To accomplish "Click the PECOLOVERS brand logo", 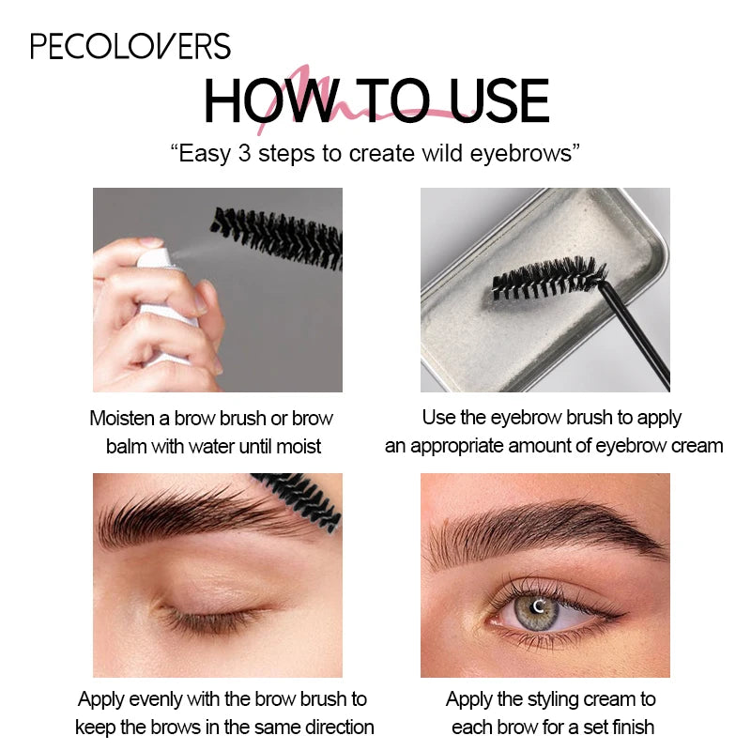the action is (130, 46).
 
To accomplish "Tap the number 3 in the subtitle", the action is (244, 153).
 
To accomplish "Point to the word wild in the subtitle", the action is (442, 153).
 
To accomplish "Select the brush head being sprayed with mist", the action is (277, 238).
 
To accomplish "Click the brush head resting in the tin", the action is (548, 278).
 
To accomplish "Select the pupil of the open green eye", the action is (537, 607).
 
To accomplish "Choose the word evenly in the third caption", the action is (156, 699).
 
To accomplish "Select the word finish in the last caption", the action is (632, 727).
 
